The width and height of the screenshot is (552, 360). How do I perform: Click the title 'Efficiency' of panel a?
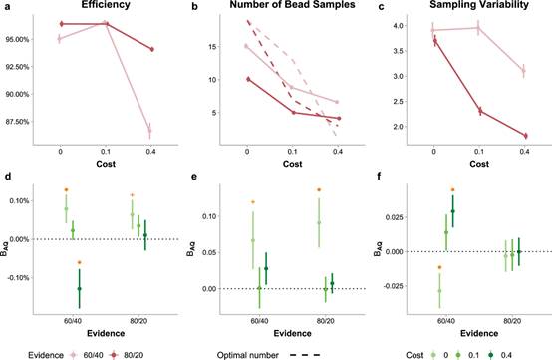pyautogui.click(x=106, y=4)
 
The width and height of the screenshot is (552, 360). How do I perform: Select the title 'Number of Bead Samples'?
pyautogui.click(x=292, y=4)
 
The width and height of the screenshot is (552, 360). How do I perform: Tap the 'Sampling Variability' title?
pyautogui.click(x=479, y=4)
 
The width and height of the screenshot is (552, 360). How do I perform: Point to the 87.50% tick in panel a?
pyautogui.click(x=17, y=122)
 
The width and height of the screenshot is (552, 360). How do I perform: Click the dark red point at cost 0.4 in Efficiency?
pyautogui.click(x=152, y=49)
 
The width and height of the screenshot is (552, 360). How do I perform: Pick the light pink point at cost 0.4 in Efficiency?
pyautogui.click(x=150, y=131)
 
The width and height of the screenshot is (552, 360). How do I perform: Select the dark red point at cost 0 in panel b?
pyautogui.click(x=248, y=79)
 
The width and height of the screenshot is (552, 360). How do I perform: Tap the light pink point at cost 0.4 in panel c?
pyautogui.click(x=524, y=71)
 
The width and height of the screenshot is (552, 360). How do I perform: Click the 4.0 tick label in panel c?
pyautogui.click(x=399, y=26)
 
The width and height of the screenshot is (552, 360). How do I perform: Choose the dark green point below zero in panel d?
pyautogui.click(x=79, y=289)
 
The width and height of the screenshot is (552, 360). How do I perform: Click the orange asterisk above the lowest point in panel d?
pyautogui.click(x=79, y=262)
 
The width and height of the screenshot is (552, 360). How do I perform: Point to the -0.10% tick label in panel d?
pyautogui.click(x=17, y=278)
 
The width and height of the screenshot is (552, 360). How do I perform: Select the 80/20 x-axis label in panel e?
pyautogui.click(x=326, y=321)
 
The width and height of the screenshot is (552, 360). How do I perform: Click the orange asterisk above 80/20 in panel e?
pyautogui.click(x=319, y=189)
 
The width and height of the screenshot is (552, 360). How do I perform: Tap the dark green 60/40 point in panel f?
pyautogui.click(x=453, y=211)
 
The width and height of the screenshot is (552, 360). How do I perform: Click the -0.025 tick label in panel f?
pyautogui.click(x=393, y=286)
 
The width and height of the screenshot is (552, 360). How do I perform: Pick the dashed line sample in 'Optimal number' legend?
pyautogui.click(x=305, y=355)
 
